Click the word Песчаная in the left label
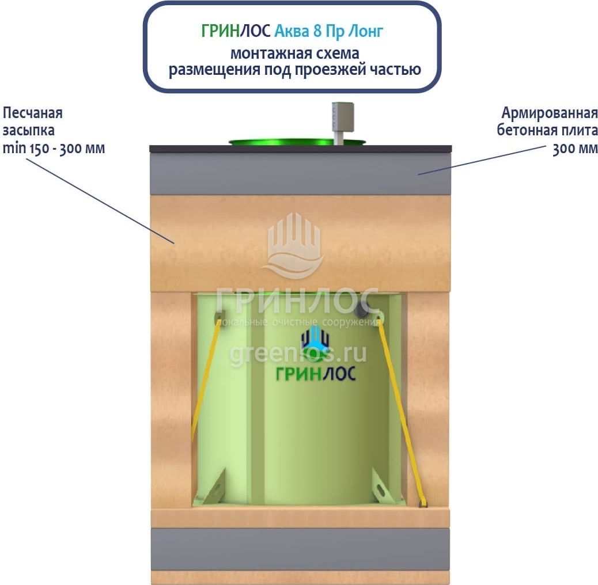tap(33, 112)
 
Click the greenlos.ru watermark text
tap(297, 352)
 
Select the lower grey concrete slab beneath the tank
tap(300, 549)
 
